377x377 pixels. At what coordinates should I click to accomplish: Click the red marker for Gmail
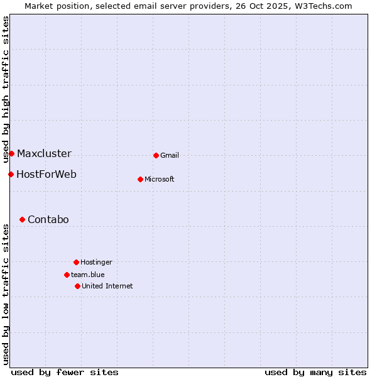[x=156, y=155]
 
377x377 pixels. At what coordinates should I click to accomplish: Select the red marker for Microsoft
[x=140, y=179]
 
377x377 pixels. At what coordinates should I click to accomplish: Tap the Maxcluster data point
[x=11, y=153]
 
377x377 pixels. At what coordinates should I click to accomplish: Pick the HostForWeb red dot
[x=11, y=174]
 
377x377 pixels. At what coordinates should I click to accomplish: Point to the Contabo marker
[x=22, y=219]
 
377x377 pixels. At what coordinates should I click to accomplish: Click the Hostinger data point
[x=76, y=262]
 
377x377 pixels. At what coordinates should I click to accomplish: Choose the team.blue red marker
[x=67, y=275]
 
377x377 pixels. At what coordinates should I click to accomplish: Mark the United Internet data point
[x=77, y=286]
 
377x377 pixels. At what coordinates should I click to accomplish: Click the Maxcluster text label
[x=44, y=154]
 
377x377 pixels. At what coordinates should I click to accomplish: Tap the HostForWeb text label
[x=46, y=175]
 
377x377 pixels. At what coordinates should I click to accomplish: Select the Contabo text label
[x=48, y=220]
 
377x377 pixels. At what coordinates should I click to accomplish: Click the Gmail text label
[x=170, y=156]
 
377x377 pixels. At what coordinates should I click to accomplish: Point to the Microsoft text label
[x=160, y=180]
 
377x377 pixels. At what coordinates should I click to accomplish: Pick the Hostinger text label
[x=96, y=263]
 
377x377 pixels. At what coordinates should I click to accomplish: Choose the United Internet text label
[x=107, y=287]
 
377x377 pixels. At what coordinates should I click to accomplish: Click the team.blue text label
[x=88, y=275]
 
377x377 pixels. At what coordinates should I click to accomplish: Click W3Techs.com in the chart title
[x=323, y=6]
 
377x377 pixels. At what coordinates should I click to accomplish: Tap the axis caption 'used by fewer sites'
[x=65, y=372]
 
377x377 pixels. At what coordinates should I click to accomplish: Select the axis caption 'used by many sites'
[x=315, y=372]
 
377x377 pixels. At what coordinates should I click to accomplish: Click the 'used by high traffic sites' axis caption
[x=6, y=89]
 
